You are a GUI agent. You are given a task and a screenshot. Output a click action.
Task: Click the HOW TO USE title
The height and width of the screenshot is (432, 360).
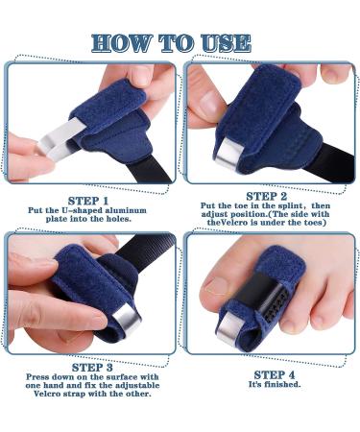171,43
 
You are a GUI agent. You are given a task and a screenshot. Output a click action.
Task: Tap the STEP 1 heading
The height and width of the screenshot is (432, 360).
88,201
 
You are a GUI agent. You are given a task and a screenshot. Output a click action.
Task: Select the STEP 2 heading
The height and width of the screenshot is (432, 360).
267,196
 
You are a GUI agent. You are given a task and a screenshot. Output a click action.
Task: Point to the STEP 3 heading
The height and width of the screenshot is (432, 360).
92,368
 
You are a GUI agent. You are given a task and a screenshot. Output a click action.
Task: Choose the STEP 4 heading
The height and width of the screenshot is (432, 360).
275,374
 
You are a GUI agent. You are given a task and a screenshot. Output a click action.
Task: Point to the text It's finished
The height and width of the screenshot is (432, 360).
275,384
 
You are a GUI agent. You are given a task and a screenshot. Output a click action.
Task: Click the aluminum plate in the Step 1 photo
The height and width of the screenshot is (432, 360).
60,139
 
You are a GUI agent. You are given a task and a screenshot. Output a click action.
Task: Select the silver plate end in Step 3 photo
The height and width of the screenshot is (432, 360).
127,322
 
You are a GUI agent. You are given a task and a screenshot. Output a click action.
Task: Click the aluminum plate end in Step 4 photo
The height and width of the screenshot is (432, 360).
228,326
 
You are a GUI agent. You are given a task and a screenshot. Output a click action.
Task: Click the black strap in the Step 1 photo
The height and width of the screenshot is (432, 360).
150,169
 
